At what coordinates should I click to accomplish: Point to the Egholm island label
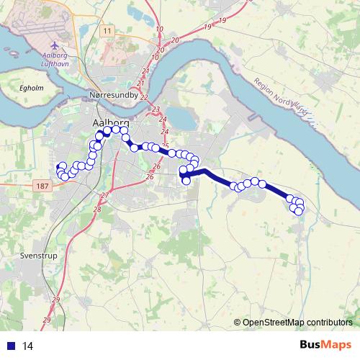[x=32, y=89]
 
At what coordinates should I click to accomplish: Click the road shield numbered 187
[x=42, y=186]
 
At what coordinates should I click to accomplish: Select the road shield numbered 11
[x=107, y=31]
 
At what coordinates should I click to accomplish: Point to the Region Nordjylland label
[x=281, y=96]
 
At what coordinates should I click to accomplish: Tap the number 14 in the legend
[x=28, y=346]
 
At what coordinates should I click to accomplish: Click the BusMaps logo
[x=326, y=346]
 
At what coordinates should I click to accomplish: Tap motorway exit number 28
[x=96, y=208]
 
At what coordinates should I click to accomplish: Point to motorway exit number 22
[x=144, y=96]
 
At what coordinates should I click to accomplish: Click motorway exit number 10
[x=159, y=29]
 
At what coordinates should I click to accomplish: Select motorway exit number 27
[x=104, y=195]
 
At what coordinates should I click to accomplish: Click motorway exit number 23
[x=156, y=109]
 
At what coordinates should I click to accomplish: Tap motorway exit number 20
[x=175, y=40]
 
